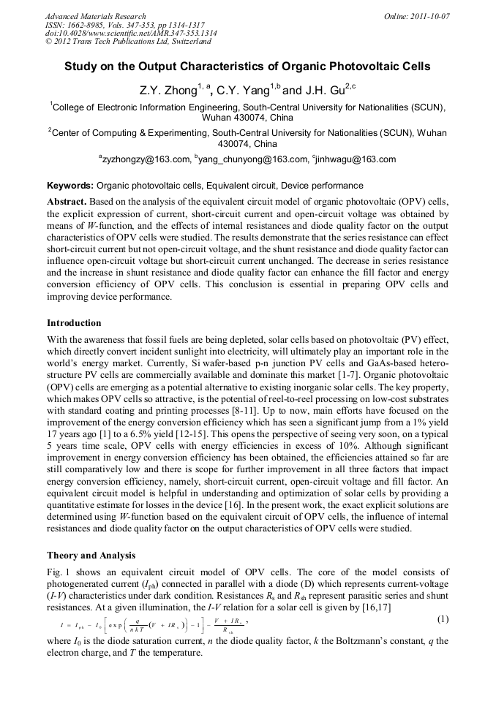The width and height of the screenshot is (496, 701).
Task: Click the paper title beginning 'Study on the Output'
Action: coord(247,67)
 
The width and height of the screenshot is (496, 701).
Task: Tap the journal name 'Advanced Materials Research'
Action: coord(95,16)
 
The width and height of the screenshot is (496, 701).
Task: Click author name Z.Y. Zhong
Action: coord(168,91)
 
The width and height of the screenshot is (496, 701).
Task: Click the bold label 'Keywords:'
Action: coord(70,186)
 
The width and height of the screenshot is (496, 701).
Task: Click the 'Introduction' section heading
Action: coord(74,323)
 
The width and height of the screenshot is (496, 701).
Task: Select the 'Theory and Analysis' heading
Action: coord(91,556)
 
